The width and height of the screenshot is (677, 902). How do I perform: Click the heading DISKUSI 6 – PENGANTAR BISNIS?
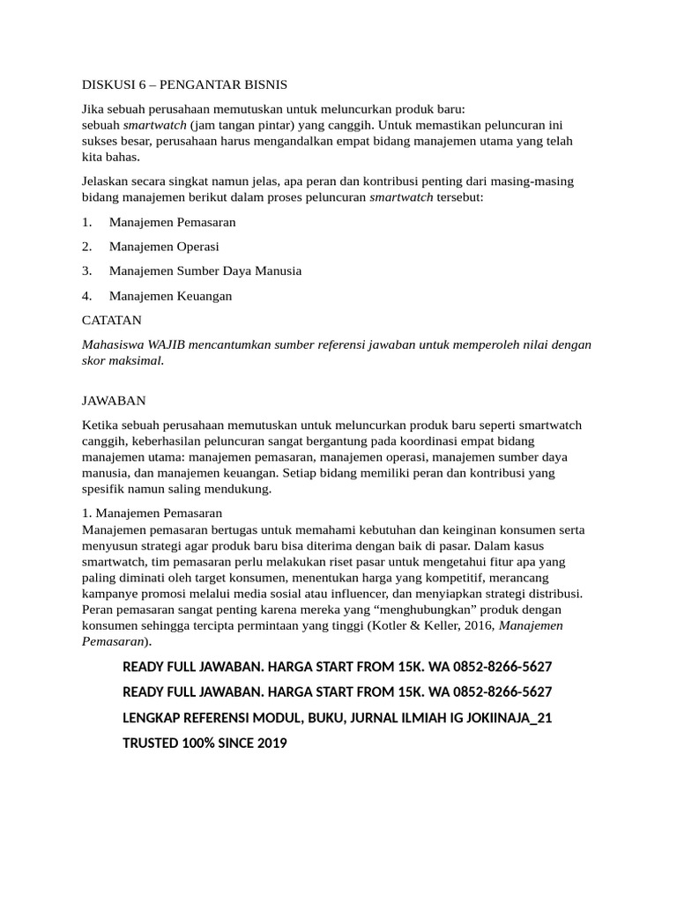click(184, 85)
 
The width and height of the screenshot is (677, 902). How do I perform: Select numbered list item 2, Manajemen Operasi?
click(164, 247)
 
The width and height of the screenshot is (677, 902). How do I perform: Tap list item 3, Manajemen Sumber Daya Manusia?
click(205, 271)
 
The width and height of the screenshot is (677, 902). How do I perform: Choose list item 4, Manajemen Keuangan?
click(170, 296)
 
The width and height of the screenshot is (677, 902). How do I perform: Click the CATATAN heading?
click(111, 320)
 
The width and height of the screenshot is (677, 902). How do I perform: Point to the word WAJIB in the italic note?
click(167, 344)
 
